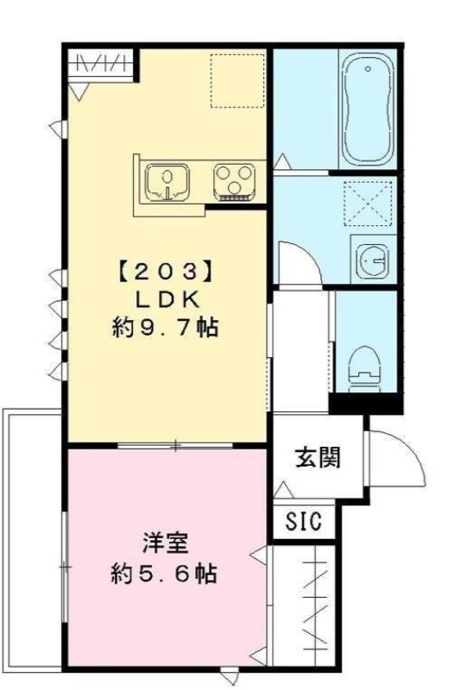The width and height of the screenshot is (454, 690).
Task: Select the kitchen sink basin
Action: pyautogui.click(x=167, y=182)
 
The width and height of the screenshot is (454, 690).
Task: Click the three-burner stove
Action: pyautogui.click(x=234, y=180)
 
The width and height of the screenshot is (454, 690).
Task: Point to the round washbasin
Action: pyautogui.click(x=372, y=258)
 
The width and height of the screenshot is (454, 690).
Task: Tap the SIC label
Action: pyautogui.click(x=303, y=522)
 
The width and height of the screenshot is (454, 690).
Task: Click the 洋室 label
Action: pyautogui.click(x=162, y=544)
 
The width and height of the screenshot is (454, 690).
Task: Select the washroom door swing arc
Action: pyautogui.click(x=301, y=263)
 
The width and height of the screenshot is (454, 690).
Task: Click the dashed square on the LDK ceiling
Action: pyautogui.click(x=237, y=79)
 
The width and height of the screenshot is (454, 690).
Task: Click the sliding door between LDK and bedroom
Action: pyautogui.click(x=177, y=445)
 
